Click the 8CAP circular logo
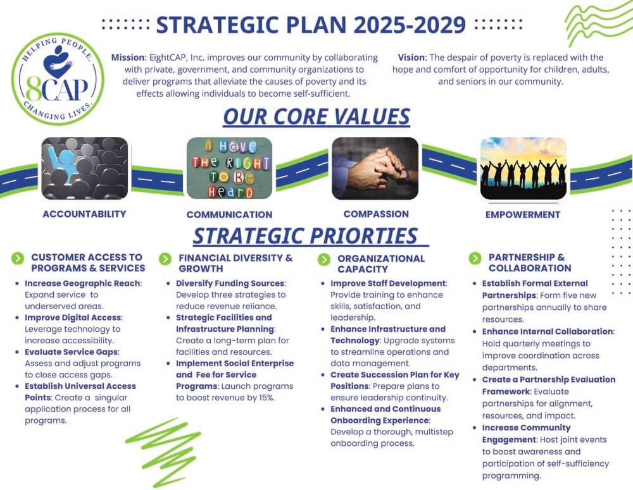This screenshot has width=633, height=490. pos(58,78)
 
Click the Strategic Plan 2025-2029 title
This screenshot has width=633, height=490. pos(311,25)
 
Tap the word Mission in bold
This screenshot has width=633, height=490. pos(128,58)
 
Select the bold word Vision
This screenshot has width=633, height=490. pos(411,58)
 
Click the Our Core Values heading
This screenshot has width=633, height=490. pos(316,116)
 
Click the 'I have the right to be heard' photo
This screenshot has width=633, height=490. pos(229,168)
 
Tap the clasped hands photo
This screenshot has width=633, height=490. pos(375,168)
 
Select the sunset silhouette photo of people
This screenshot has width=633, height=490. pos(523,168)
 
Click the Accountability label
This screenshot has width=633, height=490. pos(84,214)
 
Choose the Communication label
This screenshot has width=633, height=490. pos(229,214)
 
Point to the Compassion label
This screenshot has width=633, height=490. pos(376,214)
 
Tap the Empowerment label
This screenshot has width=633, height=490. pos(523,214)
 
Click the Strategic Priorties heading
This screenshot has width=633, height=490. pos(306,236)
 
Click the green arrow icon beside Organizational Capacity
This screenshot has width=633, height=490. pos(323,259)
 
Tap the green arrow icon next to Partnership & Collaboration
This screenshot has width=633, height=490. pos(475,258)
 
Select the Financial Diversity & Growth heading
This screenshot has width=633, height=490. pos(235,263)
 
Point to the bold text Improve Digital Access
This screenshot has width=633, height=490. pos(73,317)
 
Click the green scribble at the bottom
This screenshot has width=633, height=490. pos(163,451)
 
